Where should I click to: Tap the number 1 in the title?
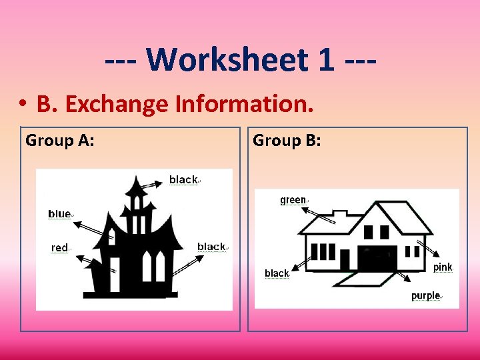tap(326, 59)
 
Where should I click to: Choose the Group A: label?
tap(59, 140)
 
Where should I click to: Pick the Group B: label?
tap(286, 140)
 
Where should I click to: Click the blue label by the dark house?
tap(59, 214)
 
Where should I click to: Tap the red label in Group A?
tap(59, 248)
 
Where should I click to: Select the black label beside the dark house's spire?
tap(183, 179)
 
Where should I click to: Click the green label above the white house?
tap(293, 200)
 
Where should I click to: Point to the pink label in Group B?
tap(443, 267)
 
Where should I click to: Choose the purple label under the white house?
tap(425, 295)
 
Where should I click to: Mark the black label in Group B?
tap(277, 273)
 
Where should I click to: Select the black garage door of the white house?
tap(379, 257)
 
